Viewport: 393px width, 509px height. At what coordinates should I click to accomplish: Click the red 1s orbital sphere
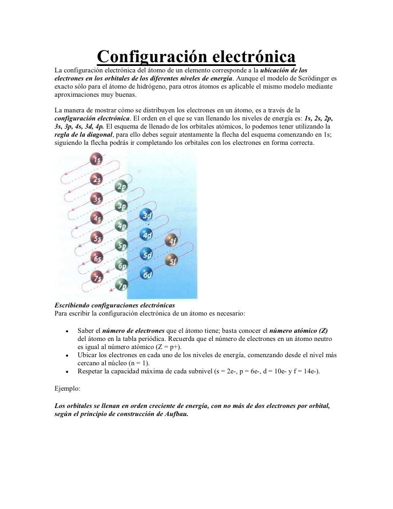(x=97, y=160)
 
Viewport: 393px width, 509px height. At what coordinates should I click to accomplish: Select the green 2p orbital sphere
(x=122, y=186)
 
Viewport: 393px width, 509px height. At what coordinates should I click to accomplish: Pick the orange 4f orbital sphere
(x=172, y=242)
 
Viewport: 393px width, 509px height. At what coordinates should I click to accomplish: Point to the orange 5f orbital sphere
(x=172, y=262)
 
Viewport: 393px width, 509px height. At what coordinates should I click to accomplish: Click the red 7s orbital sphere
(x=97, y=278)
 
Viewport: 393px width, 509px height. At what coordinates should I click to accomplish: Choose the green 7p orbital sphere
(x=122, y=285)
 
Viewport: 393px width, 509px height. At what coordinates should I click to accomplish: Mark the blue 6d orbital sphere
(x=147, y=274)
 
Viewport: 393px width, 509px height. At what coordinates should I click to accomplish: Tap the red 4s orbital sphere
(x=97, y=218)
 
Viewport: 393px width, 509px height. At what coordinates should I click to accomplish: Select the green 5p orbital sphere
(x=122, y=245)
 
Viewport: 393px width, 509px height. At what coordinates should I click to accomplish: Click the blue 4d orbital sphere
(x=146, y=235)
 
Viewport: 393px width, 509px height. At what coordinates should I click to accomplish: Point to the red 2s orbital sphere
(x=97, y=179)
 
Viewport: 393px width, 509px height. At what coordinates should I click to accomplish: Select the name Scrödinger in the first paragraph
(x=314, y=78)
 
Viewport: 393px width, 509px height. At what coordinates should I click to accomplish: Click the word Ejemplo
(x=67, y=388)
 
